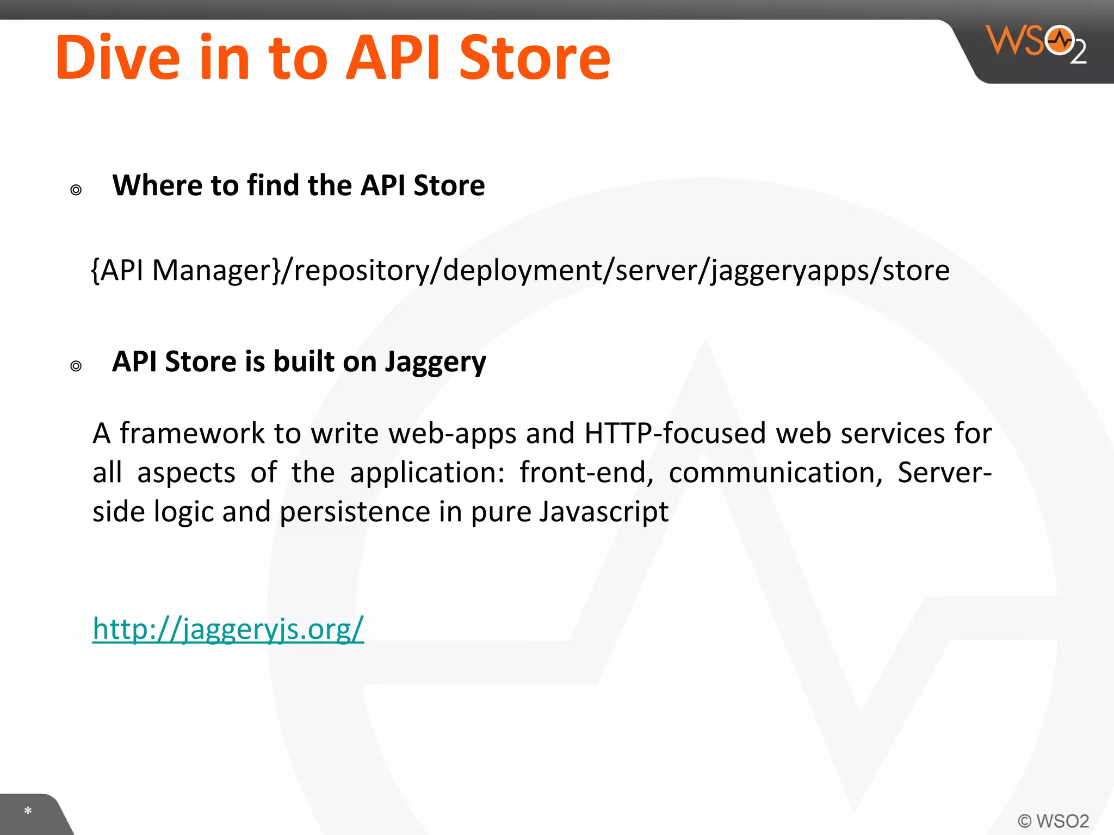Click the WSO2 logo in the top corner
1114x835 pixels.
tap(1036, 43)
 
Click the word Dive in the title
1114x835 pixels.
tap(117, 58)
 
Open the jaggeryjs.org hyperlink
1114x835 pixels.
tap(228, 629)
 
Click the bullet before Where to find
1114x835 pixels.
tap(76, 190)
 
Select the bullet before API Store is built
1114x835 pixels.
tap(76, 366)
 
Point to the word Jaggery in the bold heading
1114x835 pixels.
tap(435, 363)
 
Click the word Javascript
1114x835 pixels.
tap(604, 512)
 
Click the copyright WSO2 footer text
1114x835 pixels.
tap(1053, 820)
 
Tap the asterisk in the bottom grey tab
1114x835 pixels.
tap(28, 811)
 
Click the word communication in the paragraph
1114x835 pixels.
tap(775, 473)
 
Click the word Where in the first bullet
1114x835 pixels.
tap(157, 185)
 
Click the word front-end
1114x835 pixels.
tap(586, 473)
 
